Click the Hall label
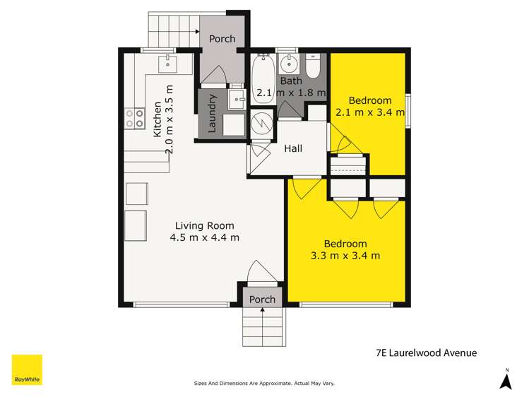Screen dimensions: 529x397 click(293, 148)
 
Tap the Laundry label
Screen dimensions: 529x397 click(212, 113)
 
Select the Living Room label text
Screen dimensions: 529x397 click(204, 225)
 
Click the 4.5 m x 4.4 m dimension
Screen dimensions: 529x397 click(204, 237)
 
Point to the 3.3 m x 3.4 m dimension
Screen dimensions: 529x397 click(345, 256)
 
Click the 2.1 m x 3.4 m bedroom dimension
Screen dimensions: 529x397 click(370, 112)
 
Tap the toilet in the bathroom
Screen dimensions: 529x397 click(313, 66)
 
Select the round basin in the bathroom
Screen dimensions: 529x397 click(289, 64)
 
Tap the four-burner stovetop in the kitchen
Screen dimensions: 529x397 click(134, 118)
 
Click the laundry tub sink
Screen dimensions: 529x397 click(237, 99)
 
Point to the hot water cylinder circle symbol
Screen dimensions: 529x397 click(262, 123)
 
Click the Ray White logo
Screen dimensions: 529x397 click(27, 369)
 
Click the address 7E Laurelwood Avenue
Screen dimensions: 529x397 click(427, 352)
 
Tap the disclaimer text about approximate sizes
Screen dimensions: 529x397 click(264, 383)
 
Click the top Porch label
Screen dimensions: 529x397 click(222, 39)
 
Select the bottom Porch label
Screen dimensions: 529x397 click(262, 300)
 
